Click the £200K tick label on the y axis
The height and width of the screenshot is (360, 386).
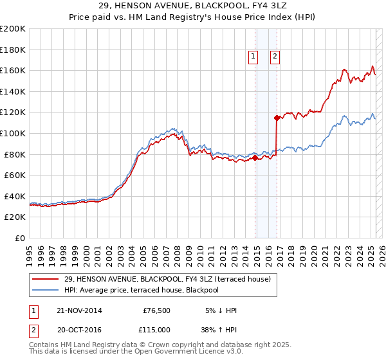click(x=13, y=29)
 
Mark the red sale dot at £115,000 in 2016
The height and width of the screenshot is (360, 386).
click(x=277, y=118)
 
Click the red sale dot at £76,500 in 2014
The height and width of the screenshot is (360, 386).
click(x=255, y=157)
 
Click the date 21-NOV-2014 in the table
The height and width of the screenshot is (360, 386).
click(x=79, y=310)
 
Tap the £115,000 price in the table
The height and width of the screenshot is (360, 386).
click(x=156, y=329)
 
